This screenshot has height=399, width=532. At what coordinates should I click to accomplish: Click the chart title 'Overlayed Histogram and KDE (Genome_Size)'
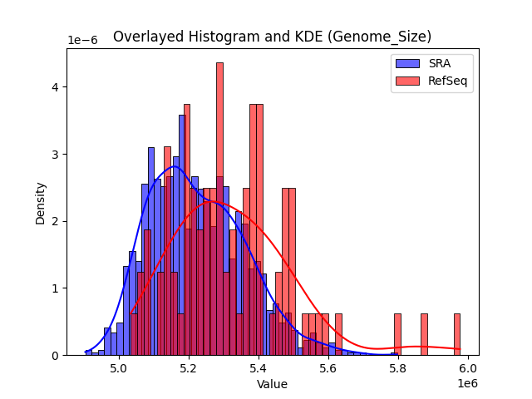pos(272,37)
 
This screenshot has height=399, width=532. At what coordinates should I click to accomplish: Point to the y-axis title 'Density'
pos(40,202)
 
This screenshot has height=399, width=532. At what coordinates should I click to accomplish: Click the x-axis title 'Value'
pos(272,385)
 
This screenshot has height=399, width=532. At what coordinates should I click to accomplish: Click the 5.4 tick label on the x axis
pos(259,367)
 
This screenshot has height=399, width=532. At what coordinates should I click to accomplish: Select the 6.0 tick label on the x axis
pos(467,367)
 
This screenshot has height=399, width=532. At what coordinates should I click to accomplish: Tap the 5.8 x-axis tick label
pos(397,367)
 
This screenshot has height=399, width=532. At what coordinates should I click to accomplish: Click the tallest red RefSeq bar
pos(219,208)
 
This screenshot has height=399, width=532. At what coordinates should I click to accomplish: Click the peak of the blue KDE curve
pos(174,166)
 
